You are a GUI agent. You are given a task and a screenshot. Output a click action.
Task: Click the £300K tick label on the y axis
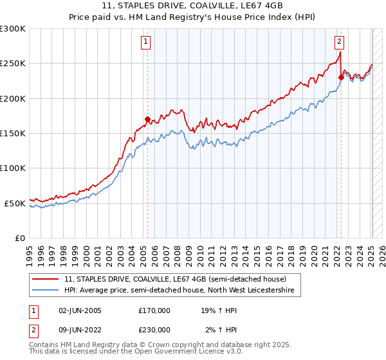click(x=13, y=29)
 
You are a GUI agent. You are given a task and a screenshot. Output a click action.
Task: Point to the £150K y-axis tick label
click(x=13, y=134)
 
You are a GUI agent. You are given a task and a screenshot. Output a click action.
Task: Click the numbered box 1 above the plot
click(x=147, y=42)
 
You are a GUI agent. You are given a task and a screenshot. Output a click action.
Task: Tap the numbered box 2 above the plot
click(x=339, y=42)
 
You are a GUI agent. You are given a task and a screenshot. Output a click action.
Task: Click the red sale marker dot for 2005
click(x=147, y=119)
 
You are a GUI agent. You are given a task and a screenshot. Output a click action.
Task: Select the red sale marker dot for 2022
click(x=341, y=77)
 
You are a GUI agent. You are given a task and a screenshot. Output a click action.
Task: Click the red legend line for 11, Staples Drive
click(x=45, y=279)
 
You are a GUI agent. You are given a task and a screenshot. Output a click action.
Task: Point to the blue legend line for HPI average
click(x=45, y=291)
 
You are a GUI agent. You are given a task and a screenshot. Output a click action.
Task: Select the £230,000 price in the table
click(x=154, y=330)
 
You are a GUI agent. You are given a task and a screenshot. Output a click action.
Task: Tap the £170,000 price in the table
click(x=154, y=310)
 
